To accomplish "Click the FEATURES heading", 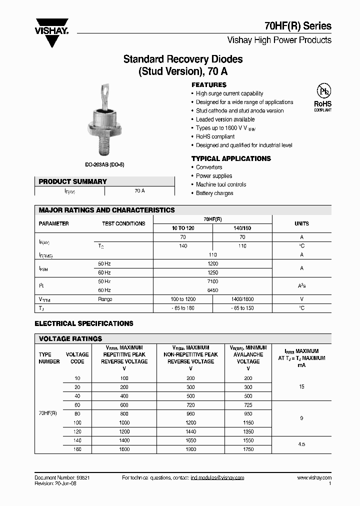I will (209, 85).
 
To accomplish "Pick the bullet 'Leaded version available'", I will (225, 119).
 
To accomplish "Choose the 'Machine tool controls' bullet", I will (220, 184).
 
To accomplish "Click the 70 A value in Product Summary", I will (139, 191).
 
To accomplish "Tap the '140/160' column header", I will (242, 228).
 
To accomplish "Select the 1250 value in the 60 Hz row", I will (212, 272).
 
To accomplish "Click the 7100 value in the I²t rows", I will (212, 281).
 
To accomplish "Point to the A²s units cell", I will (301, 286).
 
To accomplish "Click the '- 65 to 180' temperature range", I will (182, 308).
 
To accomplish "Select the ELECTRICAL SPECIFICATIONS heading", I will (84, 323).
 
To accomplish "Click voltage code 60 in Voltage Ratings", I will (77, 405).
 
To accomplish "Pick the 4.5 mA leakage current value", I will (301, 444).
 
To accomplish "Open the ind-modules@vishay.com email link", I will (217, 478).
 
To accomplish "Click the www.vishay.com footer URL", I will (314, 478).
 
